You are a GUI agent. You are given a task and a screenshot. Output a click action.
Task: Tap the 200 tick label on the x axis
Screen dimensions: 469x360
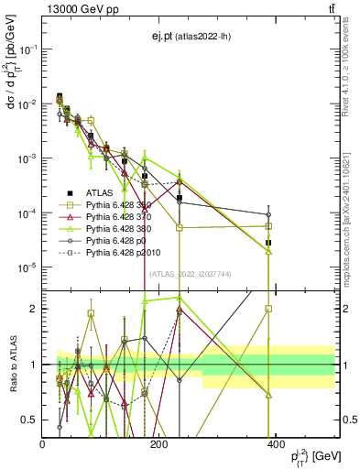click(x=158, y=443)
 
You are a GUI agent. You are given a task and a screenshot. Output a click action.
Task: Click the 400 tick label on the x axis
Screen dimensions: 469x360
click(x=275, y=443)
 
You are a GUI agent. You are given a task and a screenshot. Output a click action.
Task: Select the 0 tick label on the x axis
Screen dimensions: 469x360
click(x=43, y=443)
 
